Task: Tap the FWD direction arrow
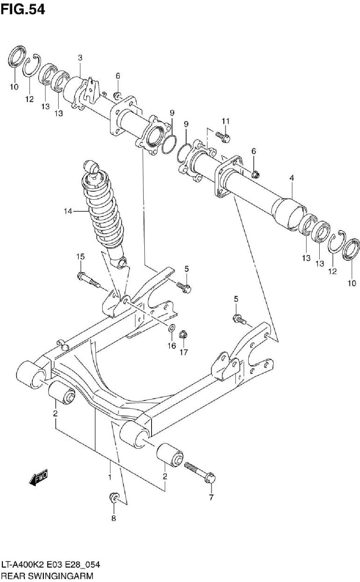coord(39,477)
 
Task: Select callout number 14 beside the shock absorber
coord(68,211)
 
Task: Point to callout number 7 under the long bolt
coord(211,497)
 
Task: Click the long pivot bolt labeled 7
coord(200,474)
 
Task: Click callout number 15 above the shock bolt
coord(81,257)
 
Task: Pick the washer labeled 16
coord(171,328)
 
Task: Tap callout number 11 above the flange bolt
coord(226,121)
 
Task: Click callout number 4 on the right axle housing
coord(292,178)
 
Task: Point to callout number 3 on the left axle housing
coord(80,58)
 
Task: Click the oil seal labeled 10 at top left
coord(17,57)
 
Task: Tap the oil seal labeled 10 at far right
coord(351,249)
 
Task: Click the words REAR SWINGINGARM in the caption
coord(47,576)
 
